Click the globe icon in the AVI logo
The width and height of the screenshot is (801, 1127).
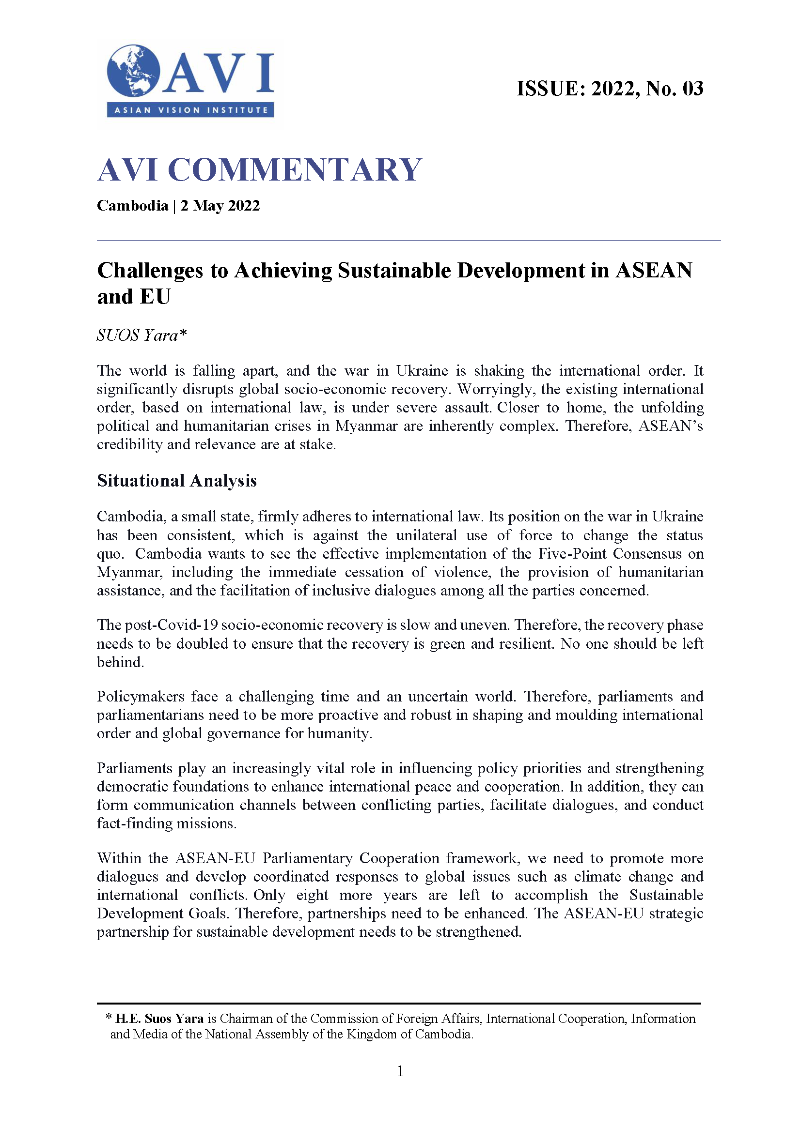click(x=133, y=71)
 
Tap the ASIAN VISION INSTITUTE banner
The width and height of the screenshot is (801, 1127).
click(x=190, y=110)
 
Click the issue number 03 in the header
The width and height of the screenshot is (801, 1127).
click(x=692, y=89)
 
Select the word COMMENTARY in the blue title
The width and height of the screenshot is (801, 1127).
click(x=295, y=170)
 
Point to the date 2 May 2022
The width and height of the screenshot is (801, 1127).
click(x=220, y=205)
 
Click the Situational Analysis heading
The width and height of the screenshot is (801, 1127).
click(x=176, y=480)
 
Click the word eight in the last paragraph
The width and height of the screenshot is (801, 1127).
click(x=312, y=895)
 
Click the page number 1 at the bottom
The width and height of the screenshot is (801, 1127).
click(x=400, y=1071)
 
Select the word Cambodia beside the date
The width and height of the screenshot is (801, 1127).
click(x=132, y=205)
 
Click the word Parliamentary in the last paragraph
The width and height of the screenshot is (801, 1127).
click(x=307, y=858)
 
